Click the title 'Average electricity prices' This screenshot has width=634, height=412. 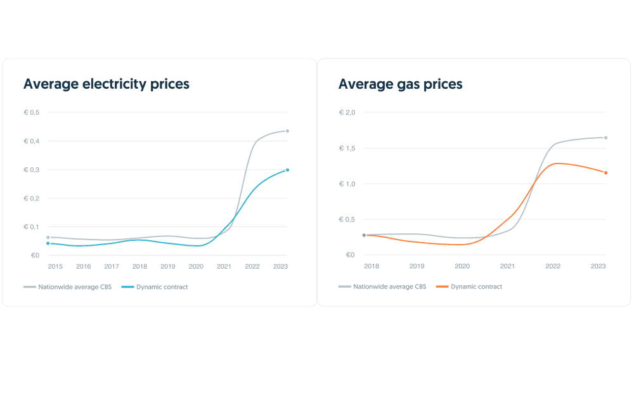106,84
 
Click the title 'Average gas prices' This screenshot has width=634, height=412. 400,84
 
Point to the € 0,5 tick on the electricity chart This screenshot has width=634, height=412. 32,112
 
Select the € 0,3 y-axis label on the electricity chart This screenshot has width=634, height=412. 32,170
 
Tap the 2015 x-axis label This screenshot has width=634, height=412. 55,266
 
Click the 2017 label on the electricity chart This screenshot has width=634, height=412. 112,266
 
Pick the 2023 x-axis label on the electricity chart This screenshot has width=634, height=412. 280,266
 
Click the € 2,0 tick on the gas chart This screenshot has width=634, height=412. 347,112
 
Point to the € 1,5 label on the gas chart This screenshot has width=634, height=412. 347,148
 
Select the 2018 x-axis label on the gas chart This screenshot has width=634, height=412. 372,266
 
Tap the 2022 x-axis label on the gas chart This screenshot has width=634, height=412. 553,266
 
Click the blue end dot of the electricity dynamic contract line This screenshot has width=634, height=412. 287,170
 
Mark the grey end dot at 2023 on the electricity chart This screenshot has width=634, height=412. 287,131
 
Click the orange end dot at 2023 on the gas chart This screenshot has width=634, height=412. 605,172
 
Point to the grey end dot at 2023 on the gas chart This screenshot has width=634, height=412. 605,138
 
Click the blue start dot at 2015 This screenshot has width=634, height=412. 48,243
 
